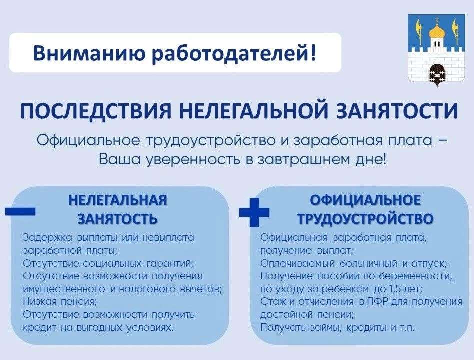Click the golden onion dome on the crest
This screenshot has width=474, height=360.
(x=436, y=31)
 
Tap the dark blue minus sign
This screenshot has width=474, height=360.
(x=20, y=211)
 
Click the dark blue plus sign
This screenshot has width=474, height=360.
(x=254, y=212)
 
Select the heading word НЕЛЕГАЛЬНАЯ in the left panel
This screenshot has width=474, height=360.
(x=118, y=200)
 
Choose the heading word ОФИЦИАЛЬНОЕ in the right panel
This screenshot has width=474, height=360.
(x=365, y=200)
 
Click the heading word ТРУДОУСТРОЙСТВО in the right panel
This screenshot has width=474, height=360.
(x=365, y=219)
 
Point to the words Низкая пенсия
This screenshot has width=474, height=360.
(x=60, y=301)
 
